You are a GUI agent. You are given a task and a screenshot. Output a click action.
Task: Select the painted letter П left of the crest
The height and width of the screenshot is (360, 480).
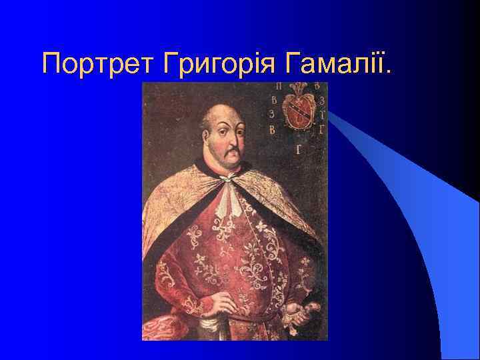click(276, 87)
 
